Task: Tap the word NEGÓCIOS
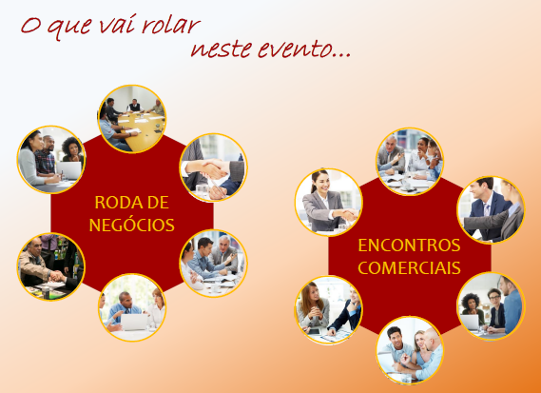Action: click(132, 226)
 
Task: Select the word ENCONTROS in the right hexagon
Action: click(409, 246)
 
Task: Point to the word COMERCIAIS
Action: click(409, 268)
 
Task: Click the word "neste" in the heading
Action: click(221, 49)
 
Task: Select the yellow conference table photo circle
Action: click(132, 118)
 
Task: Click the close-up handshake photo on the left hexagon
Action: click(213, 167)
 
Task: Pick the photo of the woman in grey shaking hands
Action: click(329, 203)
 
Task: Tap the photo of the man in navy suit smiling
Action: click(491, 210)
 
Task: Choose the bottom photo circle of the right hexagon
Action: click(410, 350)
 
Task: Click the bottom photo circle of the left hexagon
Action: click(132, 307)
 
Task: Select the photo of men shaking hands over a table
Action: click(51, 266)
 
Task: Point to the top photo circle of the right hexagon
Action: click(410, 162)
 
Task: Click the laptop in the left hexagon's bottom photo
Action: click(134, 322)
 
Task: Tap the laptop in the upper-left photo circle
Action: click(69, 170)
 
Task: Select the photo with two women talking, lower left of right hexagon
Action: click(329, 310)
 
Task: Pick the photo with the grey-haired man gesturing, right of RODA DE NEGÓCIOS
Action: click(213, 264)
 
